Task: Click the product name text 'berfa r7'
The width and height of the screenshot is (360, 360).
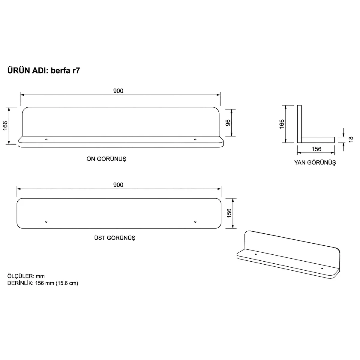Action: tap(65, 70)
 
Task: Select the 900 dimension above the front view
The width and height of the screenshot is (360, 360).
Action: tap(118, 91)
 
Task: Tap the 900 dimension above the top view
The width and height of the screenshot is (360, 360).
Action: tap(118, 185)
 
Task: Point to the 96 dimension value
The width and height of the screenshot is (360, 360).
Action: tap(228, 123)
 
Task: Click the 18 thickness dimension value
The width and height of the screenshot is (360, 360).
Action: tap(351, 139)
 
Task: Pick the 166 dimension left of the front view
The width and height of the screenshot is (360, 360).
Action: tap(5, 126)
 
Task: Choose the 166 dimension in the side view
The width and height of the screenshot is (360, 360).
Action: tap(282, 124)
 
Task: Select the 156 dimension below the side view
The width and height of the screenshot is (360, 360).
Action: tap(316, 149)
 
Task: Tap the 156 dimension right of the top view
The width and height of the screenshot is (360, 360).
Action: tap(229, 213)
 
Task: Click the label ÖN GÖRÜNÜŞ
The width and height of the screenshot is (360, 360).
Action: tap(106, 159)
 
